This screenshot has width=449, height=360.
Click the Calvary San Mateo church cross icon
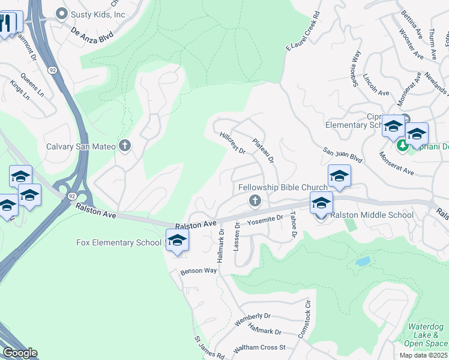pyautogui.click(x=125, y=146)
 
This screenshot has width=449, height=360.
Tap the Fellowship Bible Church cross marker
pyautogui.click(x=255, y=200)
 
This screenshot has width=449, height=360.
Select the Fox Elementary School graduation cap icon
pyautogui.click(x=177, y=241)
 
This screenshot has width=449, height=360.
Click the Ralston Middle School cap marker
pyautogui.click(x=321, y=204)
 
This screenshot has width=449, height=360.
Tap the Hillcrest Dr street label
pyautogui.click(x=233, y=143)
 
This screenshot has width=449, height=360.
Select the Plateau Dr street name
pyautogui.click(x=263, y=150)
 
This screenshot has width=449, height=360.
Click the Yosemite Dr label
pyautogui.click(x=265, y=220)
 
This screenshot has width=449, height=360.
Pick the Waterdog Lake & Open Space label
pyautogui.click(x=425, y=335)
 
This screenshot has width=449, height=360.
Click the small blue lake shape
pyautogui.click(x=362, y=262)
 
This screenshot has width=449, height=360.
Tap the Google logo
pyautogui.click(x=19, y=353)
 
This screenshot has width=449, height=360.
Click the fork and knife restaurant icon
pyautogui.click(x=5, y=23)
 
